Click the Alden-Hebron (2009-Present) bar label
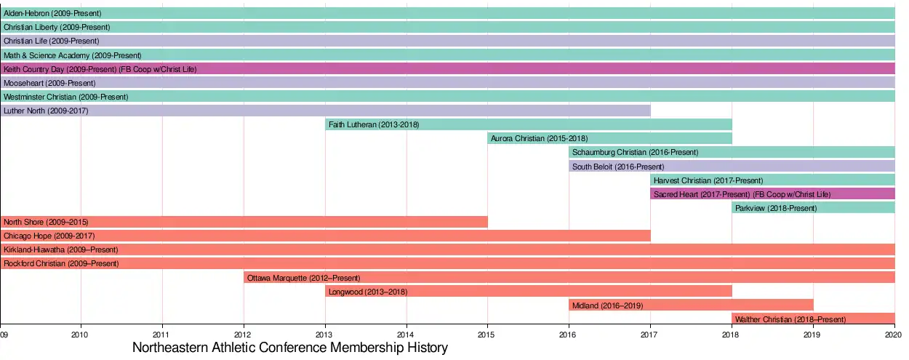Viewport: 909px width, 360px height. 52,14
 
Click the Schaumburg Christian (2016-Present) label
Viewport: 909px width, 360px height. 635,153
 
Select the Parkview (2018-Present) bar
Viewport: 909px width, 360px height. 813,208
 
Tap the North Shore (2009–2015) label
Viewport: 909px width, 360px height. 45,222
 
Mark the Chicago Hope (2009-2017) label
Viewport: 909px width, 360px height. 49,236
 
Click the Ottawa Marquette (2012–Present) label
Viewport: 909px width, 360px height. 303,278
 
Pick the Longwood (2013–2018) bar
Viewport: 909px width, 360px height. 528,291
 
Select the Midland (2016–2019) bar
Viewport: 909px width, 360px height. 691,305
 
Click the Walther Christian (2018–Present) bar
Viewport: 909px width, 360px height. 813,319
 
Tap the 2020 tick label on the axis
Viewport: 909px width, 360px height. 894,335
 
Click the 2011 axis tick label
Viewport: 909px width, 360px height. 162,335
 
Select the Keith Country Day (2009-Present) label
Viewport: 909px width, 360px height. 100,69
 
